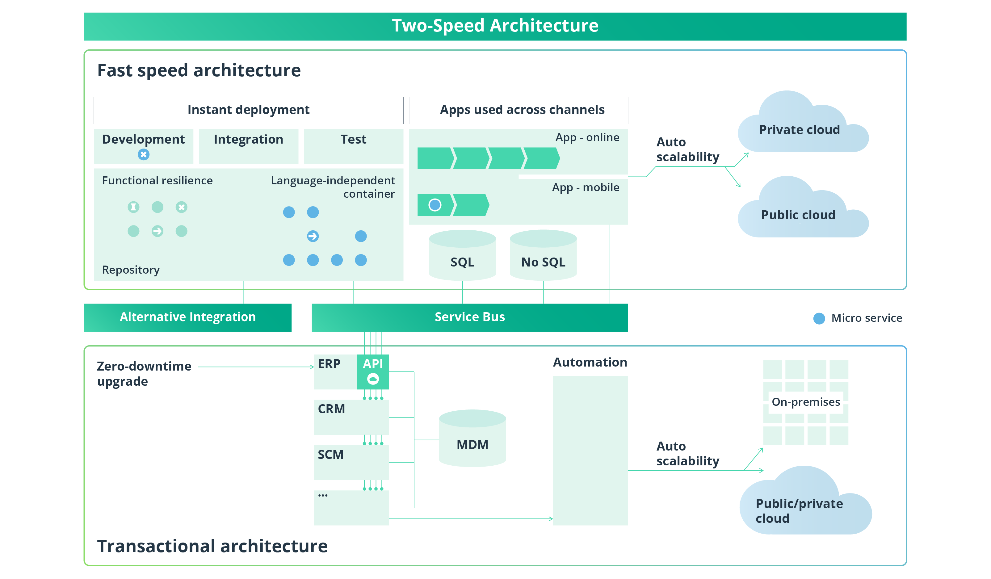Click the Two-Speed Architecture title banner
coord(495,26)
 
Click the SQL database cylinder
coord(463,258)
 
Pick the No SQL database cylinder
coord(543,258)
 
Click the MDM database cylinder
coord(472,441)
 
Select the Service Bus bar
coord(469,317)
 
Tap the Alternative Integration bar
coord(187,317)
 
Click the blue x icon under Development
coord(144,155)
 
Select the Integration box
coord(248,145)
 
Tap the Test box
coord(353,145)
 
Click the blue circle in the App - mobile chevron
coord(435,205)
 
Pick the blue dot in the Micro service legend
coord(819,318)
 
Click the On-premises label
coord(806,402)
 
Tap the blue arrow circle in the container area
coord(313,236)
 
